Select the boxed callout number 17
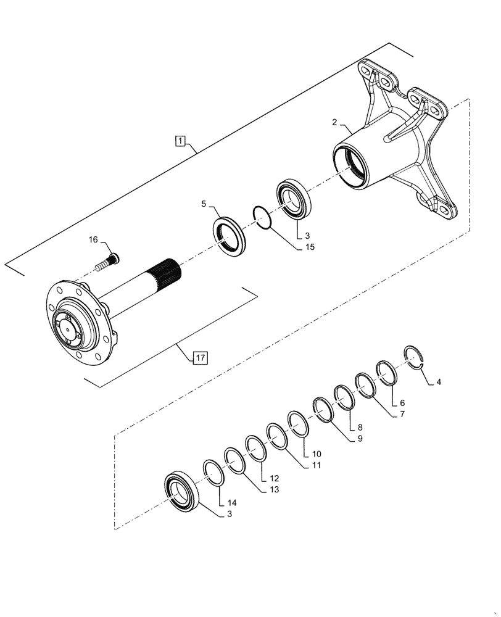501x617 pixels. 200,357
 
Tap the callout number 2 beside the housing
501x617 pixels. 334,123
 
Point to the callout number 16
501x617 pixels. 93,239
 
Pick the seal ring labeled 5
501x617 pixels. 230,234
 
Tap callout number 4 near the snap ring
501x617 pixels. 439,383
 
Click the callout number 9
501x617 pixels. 359,439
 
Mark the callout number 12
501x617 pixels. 274,478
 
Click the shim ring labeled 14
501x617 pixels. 213,473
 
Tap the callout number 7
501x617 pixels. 402,414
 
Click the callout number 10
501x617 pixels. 317,453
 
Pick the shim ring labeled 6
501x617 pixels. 387,373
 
